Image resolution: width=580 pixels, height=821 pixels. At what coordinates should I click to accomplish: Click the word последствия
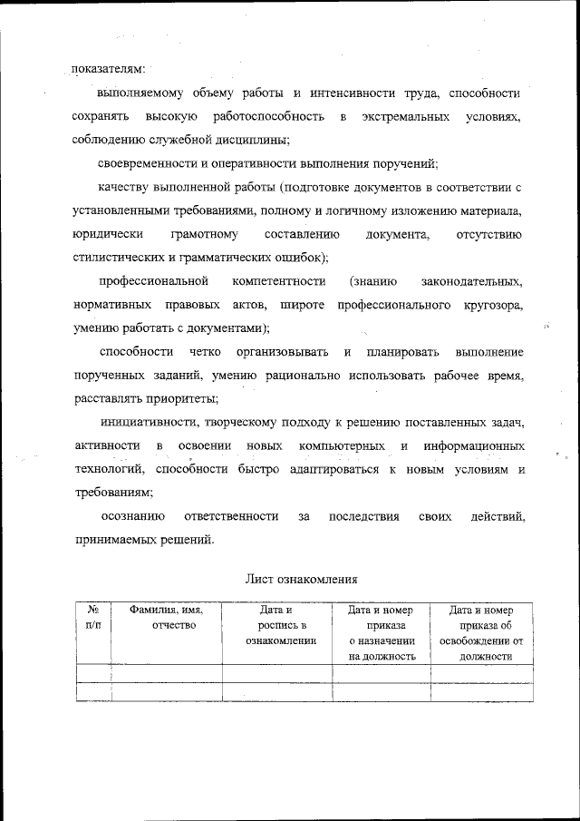(362, 516)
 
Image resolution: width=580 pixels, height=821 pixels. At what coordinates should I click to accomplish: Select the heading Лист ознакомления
(302, 578)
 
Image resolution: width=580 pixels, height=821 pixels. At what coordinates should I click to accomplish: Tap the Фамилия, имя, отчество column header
(166, 618)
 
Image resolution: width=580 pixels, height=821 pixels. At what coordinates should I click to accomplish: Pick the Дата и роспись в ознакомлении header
(276, 625)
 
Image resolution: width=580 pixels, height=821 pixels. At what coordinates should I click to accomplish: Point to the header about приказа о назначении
(381, 632)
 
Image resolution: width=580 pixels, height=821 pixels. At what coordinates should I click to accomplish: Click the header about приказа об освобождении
(481, 632)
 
